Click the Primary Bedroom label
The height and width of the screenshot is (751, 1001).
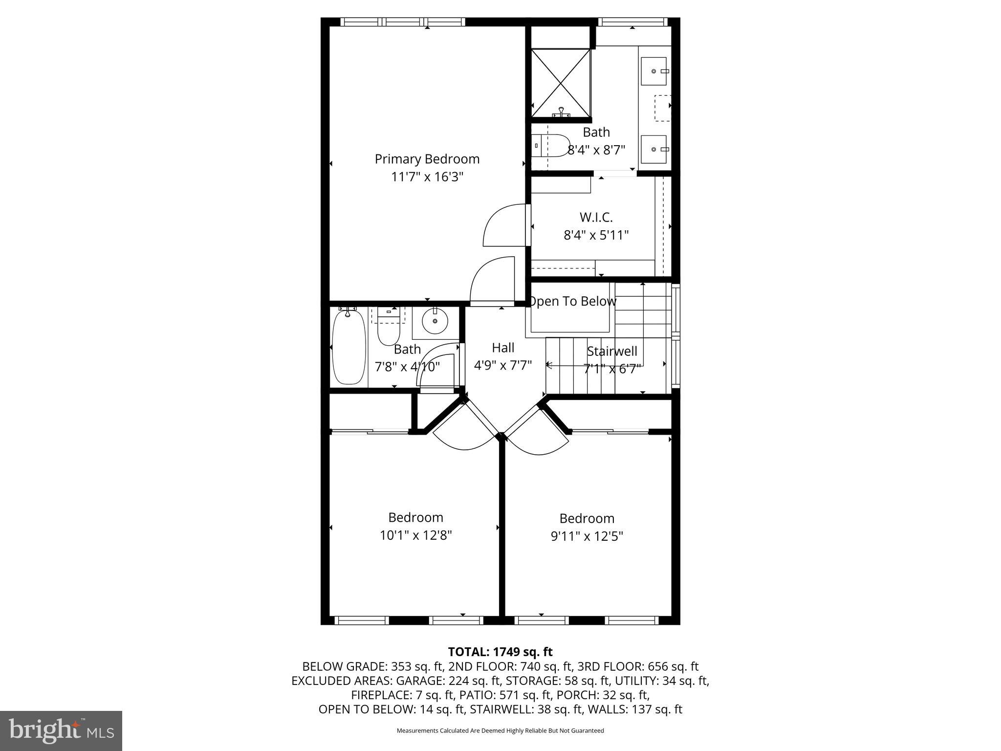pos(427,159)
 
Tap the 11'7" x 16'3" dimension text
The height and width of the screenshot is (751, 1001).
pos(427,177)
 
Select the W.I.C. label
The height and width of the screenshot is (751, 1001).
pos(596,217)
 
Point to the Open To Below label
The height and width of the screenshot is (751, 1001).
pos(572,301)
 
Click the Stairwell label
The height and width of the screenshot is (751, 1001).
pos(612,351)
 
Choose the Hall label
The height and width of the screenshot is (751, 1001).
pos(503,348)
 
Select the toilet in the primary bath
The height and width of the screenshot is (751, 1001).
pos(549,146)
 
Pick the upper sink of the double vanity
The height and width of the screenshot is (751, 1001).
pos(653,71)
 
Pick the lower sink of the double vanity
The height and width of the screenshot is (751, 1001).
pos(653,149)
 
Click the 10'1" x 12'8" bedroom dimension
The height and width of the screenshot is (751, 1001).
pos(415,535)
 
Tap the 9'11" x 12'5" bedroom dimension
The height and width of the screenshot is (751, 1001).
pos(587,536)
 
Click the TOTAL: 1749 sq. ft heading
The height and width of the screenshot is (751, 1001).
pos(500,652)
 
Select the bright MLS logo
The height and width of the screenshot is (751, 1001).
pos(61,730)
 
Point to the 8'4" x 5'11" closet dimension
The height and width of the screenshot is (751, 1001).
pos(596,235)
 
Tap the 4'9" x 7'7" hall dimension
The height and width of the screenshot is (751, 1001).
pos(503,365)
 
